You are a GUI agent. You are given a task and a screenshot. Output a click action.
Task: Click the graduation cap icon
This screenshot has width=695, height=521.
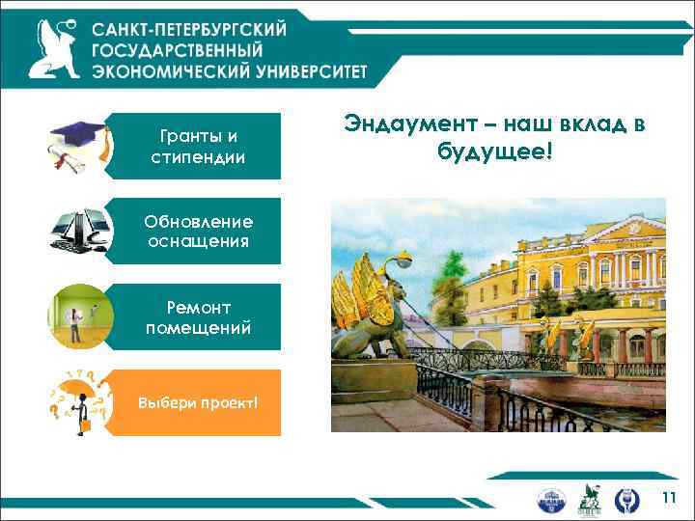(x=77, y=145)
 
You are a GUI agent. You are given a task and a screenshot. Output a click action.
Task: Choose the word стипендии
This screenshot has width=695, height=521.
(x=198, y=156)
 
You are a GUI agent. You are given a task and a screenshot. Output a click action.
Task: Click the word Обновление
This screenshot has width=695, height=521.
(x=200, y=222)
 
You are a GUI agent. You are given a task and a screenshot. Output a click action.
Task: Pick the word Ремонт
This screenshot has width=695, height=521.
(x=199, y=308)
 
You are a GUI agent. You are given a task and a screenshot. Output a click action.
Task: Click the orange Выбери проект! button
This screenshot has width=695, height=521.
(x=198, y=402)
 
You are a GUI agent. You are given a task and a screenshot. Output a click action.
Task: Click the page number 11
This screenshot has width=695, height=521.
(x=669, y=498)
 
